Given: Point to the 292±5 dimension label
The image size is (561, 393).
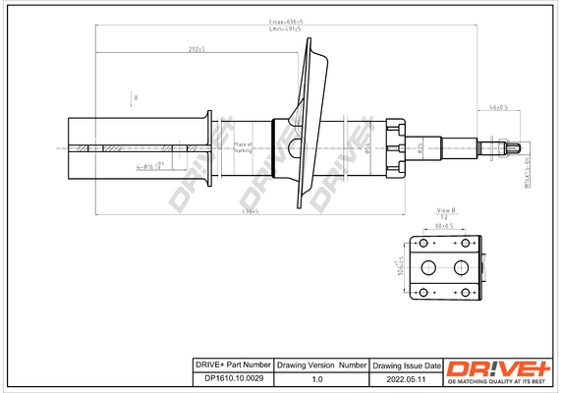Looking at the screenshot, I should pos(196,49).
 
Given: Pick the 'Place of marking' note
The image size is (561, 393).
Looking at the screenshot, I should pos(244,148).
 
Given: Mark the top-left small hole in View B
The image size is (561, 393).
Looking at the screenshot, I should pos(423,243).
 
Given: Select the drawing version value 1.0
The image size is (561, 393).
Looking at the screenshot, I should pos(316,378).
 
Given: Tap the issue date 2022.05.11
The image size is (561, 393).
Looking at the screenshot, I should pos(407,378).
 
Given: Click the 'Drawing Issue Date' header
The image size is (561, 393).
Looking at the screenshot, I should pos(407,365).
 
